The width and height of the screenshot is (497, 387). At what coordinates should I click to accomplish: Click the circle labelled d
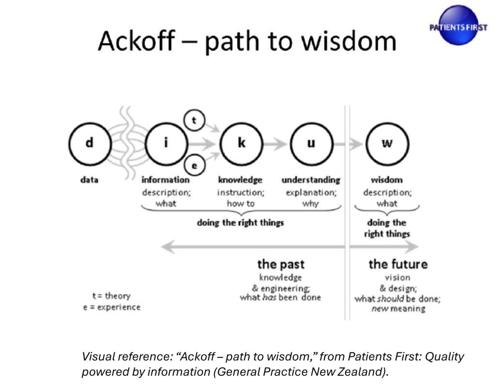tap(89, 144)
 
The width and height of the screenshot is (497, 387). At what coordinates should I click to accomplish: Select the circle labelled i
tap(166, 144)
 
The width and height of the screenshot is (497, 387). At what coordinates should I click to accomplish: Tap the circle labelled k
tap(241, 144)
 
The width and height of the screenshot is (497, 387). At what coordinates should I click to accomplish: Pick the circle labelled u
tap(311, 144)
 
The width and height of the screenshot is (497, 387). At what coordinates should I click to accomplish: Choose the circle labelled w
tap(387, 144)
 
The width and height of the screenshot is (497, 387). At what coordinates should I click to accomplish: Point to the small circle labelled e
tap(194, 166)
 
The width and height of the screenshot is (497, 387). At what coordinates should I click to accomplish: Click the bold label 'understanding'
tap(311, 180)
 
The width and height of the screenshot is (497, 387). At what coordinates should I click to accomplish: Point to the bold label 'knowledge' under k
tap(240, 180)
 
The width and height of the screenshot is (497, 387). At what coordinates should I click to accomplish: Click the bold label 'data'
tap(89, 180)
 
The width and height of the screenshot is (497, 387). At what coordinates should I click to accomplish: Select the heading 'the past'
tap(281, 265)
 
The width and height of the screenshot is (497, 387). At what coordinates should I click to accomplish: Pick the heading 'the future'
tap(398, 265)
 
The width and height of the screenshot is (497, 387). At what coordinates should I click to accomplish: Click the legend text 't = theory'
tap(112, 296)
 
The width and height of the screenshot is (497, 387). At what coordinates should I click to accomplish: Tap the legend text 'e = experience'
tap(112, 307)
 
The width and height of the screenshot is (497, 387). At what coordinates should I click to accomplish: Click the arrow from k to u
tap(277, 144)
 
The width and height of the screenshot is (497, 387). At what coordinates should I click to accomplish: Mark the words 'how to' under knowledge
tap(240, 203)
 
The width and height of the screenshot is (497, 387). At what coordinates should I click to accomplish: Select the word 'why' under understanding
tap(311, 203)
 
